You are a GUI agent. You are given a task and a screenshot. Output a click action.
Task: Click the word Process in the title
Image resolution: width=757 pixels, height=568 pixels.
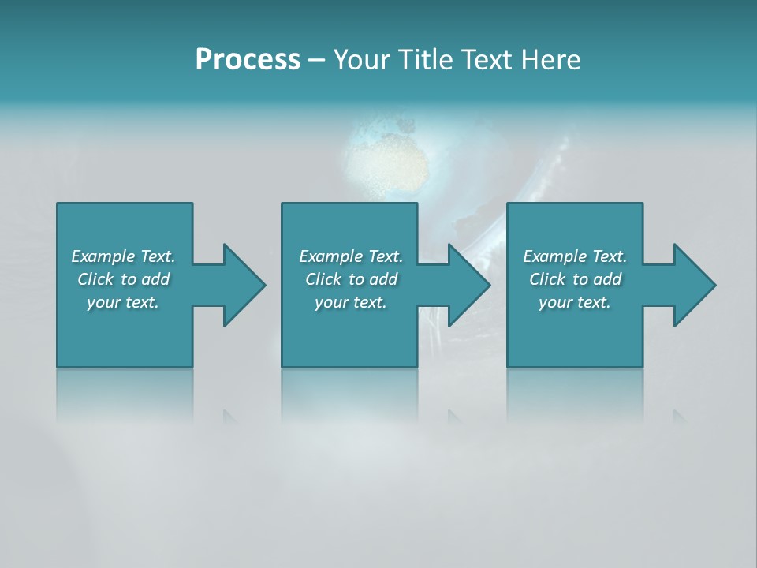pos(248,60)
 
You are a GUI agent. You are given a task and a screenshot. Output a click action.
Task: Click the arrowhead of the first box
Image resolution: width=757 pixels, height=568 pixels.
pos(243,285)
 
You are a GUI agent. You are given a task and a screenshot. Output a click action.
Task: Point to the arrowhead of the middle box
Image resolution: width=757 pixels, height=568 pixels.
pos(468,285)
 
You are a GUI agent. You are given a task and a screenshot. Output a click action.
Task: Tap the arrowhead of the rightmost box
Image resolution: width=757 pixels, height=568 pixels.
pos(693,285)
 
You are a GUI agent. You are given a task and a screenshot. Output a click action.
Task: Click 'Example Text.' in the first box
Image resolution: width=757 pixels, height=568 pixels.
pos(123,256)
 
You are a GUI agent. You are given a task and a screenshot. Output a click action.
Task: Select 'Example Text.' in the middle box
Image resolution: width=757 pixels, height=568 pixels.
pos(351,256)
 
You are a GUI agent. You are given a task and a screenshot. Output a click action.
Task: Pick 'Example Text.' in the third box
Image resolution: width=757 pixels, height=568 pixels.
pos(575,256)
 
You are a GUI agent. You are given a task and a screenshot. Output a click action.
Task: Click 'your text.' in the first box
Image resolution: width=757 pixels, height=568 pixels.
pos(123,302)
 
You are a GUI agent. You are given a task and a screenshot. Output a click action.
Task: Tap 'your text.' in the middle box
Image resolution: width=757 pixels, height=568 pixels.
pos(351,302)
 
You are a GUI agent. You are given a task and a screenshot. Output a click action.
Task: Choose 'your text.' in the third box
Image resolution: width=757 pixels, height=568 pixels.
pos(575,302)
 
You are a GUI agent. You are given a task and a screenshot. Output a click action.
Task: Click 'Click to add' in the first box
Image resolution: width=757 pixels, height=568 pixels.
pos(123,279)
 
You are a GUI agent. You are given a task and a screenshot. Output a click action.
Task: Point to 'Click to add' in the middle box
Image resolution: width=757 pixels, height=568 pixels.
pos(351,279)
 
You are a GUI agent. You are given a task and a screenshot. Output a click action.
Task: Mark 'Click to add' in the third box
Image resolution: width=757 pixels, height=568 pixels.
pos(575,279)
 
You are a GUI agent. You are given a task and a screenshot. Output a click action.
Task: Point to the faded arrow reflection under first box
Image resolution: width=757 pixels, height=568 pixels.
pos(229,416)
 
